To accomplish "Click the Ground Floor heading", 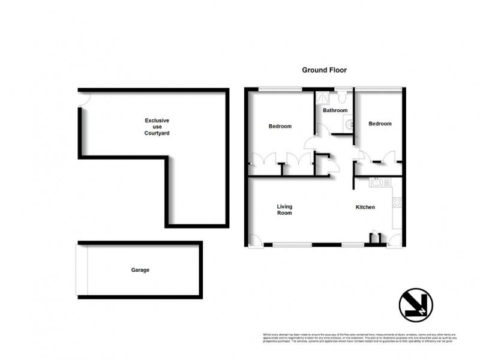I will pyautogui.click(x=324, y=70).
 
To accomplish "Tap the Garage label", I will pyautogui.click(x=140, y=270).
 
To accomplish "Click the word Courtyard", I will pyautogui.click(x=157, y=133).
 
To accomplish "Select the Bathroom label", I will pyautogui.click(x=335, y=110).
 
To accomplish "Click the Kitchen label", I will pyautogui.click(x=365, y=208).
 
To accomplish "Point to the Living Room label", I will pyautogui.click(x=284, y=210).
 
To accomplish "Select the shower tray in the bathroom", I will pyautogui.click(x=323, y=97).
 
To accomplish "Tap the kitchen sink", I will pyautogui.click(x=381, y=182).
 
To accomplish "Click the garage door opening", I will pyautogui.click(x=83, y=270).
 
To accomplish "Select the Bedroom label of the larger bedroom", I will pyautogui.click(x=280, y=127).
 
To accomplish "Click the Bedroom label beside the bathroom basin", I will pyautogui.click(x=380, y=124).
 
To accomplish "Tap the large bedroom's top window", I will pyautogui.click(x=281, y=90).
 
